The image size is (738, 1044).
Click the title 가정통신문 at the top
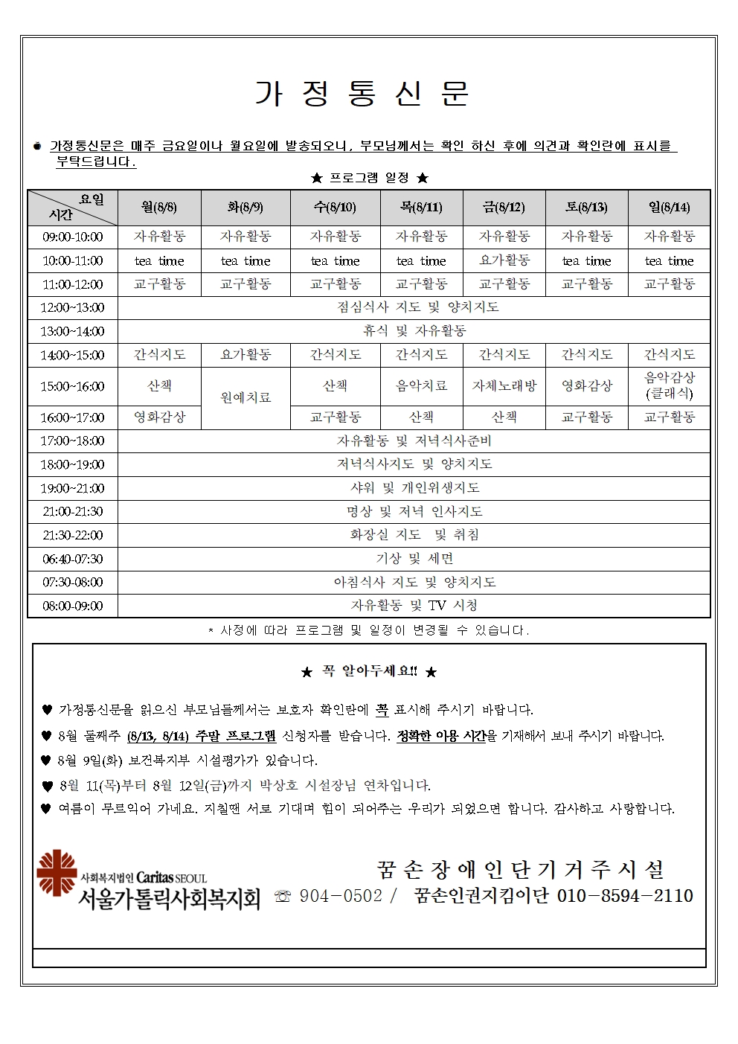pyautogui.click(x=362, y=94)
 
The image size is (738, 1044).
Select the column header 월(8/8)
pyautogui.click(x=159, y=207)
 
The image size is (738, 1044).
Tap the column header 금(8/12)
pyautogui.click(x=504, y=207)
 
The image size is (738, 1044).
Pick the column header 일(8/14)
pyautogui.click(x=669, y=207)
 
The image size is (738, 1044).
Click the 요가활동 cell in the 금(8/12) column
pyautogui.click(x=504, y=260)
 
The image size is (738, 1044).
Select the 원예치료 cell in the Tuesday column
pyautogui.click(x=246, y=397)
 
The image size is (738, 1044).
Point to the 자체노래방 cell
pyautogui.click(x=504, y=385)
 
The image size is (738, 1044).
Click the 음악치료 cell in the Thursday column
pyautogui.click(x=421, y=385)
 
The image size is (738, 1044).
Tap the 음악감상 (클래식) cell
pyautogui.click(x=669, y=385)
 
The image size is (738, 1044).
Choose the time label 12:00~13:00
pyautogui.click(x=72, y=307)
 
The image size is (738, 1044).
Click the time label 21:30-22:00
pyautogui.click(x=72, y=535)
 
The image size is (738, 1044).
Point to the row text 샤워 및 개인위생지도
pyautogui.click(x=414, y=488)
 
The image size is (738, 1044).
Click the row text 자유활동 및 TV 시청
pyautogui.click(x=414, y=606)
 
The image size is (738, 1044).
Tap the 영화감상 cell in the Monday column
pyautogui.click(x=159, y=417)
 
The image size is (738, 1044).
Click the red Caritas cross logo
pyautogui.click(x=57, y=872)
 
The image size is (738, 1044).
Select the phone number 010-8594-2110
pyautogui.click(x=625, y=896)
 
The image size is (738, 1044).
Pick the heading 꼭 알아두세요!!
pyautogui.click(x=369, y=671)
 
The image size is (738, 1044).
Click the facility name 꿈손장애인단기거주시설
pyautogui.click(x=520, y=869)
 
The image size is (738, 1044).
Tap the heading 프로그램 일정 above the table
pyautogui.click(x=369, y=178)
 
